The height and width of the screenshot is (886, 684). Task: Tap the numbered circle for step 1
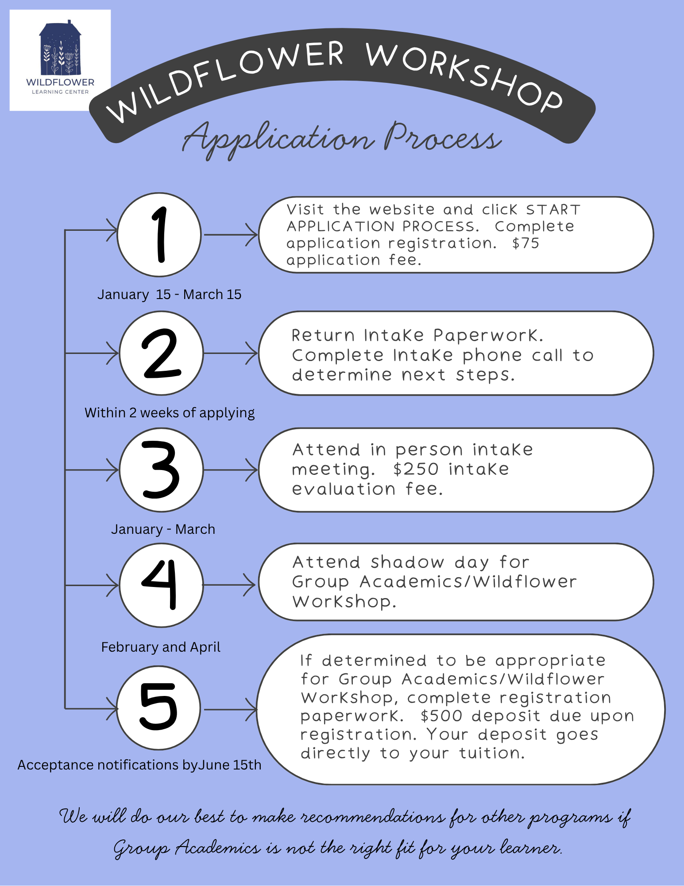(159, 235)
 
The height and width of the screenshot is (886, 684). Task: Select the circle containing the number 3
(162, 470)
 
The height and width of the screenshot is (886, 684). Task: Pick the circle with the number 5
(159, 708)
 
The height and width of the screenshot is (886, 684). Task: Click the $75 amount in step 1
(526, 243)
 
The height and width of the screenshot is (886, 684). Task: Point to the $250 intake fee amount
(416, 469)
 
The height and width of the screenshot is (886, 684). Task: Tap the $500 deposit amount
(441, 716)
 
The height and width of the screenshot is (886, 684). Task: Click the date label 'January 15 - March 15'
(170, 295)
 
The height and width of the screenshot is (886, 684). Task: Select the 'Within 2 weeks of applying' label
(170, 413)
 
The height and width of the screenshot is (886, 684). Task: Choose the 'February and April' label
(161, 647)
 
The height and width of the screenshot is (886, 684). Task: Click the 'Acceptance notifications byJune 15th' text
(139, 765)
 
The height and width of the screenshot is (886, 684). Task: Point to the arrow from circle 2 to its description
(231, 354)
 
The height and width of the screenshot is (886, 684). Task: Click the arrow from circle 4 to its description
(229, 585)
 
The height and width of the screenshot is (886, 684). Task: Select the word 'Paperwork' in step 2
(488, 335)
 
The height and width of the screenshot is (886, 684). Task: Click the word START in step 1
(553, 210)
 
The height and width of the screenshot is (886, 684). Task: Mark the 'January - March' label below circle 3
(163, 529)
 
